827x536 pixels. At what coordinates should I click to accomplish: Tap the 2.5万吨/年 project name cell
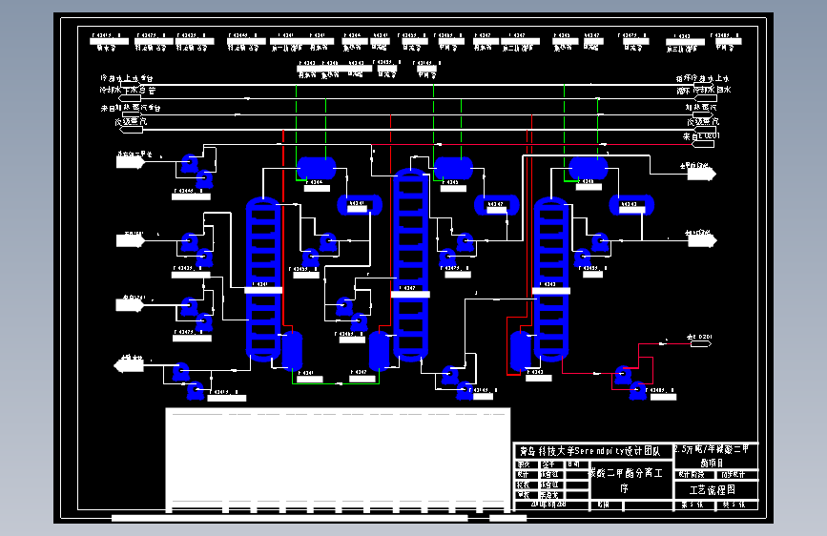tap(715, 455)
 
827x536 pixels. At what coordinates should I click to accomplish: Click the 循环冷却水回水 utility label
tap(703, 92)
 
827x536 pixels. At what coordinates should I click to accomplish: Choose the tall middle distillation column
tap(409, 264)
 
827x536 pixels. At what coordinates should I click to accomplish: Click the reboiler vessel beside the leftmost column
tap(292, 350)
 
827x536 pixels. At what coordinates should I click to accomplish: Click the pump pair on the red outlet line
tap(631, 378)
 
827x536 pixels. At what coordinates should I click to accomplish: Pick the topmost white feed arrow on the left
tap(129, 160)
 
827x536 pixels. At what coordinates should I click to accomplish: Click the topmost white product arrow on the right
tap(703, 172)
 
